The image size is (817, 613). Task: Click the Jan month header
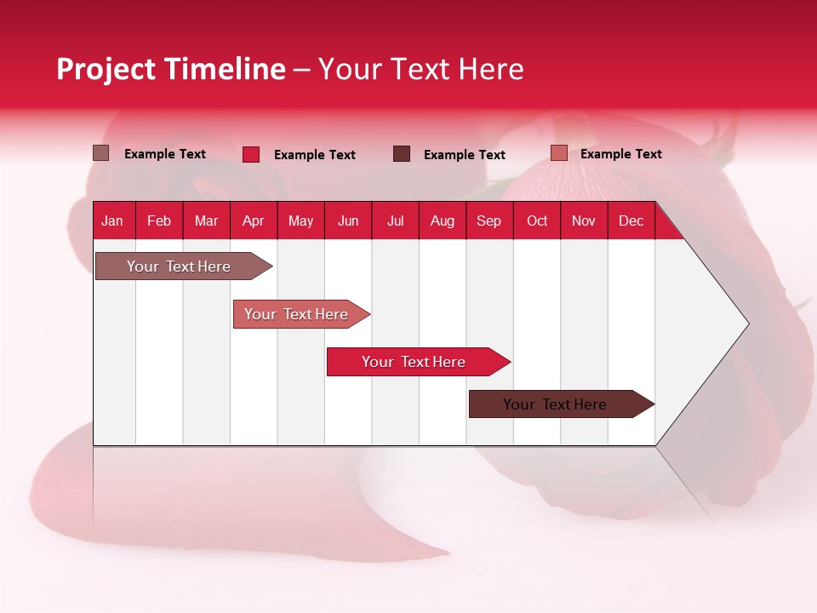[112, 221]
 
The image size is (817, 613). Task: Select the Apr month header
[253, 221]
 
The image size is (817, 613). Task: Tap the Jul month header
[395, 221]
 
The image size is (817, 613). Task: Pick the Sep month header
[488, 221]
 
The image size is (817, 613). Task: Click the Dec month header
[631, 221]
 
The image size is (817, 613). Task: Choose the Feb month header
[159, 221]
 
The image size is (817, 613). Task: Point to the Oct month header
[537, 221]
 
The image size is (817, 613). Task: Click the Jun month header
[348, 221]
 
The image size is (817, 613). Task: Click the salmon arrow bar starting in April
[298, 314]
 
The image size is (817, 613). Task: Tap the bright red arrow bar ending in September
[414, 362]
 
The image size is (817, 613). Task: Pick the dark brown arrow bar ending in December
[557, 404]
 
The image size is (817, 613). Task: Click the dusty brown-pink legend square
[101, 153]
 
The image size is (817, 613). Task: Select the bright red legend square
[251, 154]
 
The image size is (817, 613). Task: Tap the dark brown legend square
[402, 153]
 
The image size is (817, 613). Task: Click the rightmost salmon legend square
[559, 153]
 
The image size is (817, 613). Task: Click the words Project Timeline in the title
[171, 69]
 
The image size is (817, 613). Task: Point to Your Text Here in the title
[420, 69]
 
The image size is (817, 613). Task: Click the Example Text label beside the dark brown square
[464, 154]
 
